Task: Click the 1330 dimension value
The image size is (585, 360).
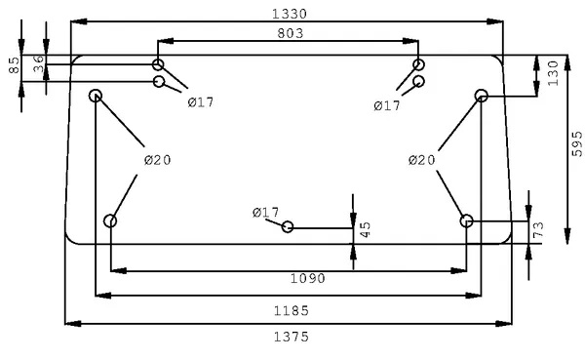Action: coord(290,15)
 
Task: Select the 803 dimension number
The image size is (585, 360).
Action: coord(291,33)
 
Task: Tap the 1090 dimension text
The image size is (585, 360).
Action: coord(308,279)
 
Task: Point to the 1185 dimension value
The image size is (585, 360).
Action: coord(292,310)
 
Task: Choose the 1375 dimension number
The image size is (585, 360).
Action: coord(292,337)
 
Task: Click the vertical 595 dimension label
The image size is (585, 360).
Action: coord(577,143)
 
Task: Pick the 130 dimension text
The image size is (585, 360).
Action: coord(553,73)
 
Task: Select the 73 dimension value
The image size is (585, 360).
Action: coord(538,230)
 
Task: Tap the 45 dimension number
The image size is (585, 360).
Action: coord(366,229)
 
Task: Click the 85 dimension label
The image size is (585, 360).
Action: coord(14,65)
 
